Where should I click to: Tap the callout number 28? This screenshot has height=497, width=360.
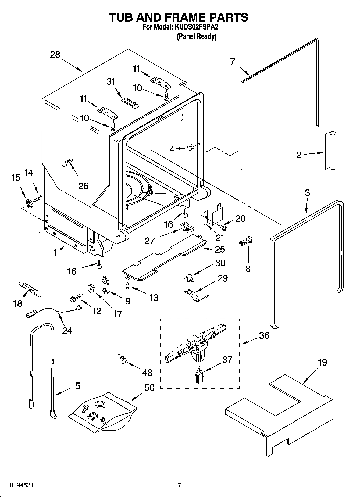(55, 55)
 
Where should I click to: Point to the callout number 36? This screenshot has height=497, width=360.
(264, 335)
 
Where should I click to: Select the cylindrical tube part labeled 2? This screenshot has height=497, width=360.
(330, 151)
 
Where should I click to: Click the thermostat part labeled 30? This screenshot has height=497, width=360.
(190, 278)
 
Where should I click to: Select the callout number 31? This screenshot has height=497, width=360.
(111, 81)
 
